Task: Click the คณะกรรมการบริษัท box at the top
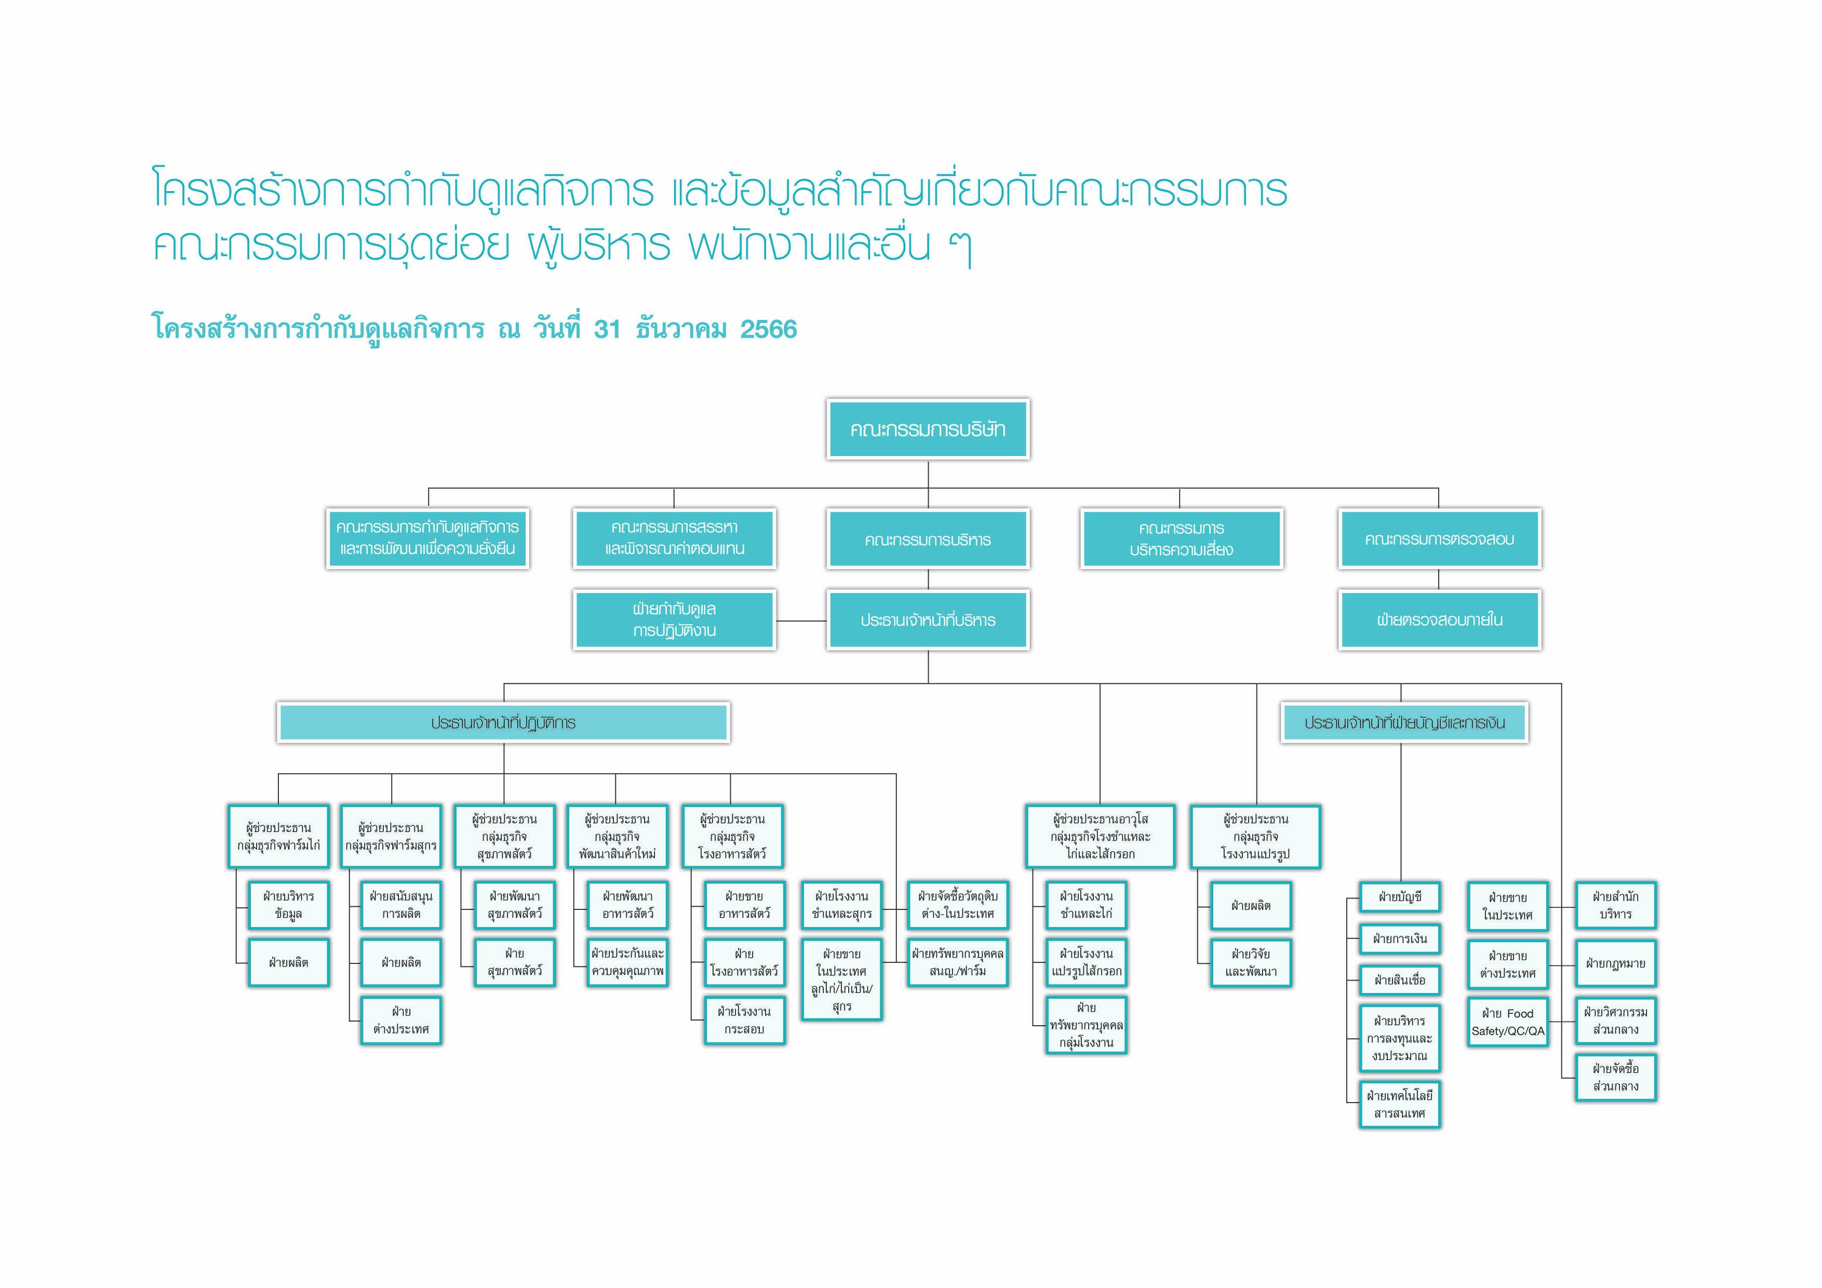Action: (x=928, y=430)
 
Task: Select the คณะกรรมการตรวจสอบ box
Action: (x=1439, y=540)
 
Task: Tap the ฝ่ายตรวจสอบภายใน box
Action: (x=1439, y=620)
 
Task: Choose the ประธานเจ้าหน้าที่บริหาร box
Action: (x=928, y=620)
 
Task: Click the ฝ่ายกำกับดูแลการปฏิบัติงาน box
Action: (x=674, y=620)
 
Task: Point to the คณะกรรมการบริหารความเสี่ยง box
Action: (x=1181, y=540)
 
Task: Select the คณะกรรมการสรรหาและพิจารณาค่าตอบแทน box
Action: (x=674, y=539)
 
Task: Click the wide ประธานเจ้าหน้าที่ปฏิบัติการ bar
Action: (x=503, y=723)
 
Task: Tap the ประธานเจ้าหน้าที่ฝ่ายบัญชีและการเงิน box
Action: (x=1404, y=723)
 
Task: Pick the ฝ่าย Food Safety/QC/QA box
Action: (x=1507, y=1022)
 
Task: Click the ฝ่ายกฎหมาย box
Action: (x=1615, y=963)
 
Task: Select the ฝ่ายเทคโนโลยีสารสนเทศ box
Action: (x=1399, y=1104)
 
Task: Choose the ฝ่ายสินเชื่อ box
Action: (x=1399, y=980)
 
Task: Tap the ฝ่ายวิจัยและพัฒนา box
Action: (x=1251, y=963)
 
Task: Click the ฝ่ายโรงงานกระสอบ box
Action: (x=744, y=1021)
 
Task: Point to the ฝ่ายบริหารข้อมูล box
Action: (x=288, y=905)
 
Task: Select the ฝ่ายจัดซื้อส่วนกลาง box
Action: (x=1615, y=1078)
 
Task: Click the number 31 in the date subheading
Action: (x=607, y=329)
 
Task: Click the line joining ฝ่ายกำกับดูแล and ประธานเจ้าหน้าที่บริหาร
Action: (x=801, y=621)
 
